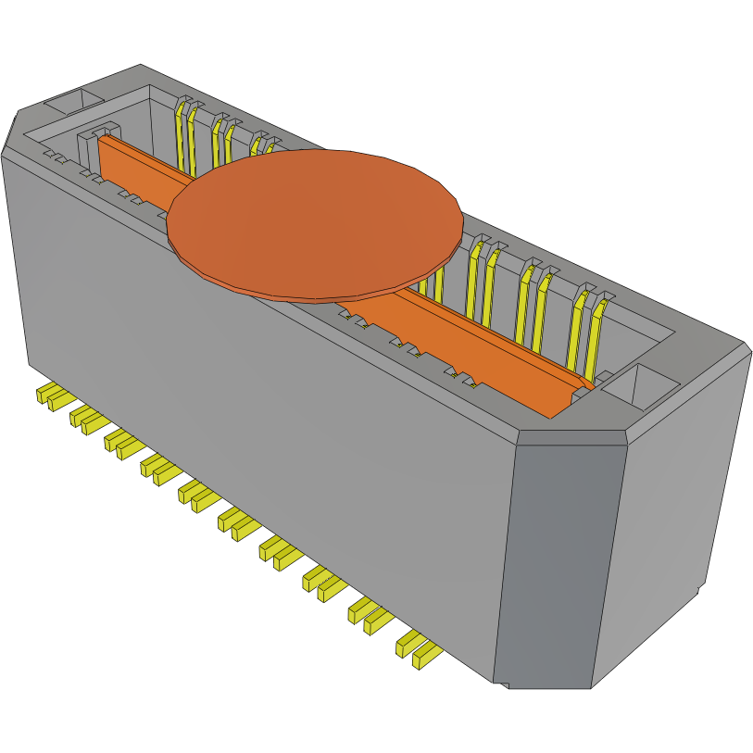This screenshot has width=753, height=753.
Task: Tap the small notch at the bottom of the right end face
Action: [x=697, y=589]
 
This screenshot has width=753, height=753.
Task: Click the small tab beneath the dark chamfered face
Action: [x=504, y=685]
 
